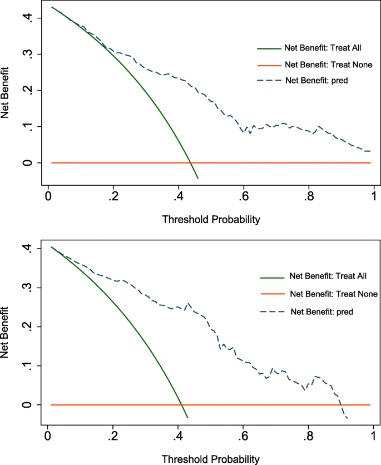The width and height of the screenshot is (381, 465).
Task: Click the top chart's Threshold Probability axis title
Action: (x=211, y=220)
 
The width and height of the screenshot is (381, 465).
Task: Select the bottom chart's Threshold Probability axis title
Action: (x=211, y=459)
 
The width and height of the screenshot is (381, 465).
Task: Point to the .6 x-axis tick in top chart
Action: (x=243, y=196)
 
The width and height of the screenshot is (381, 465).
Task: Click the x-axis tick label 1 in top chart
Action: (x=373, y=196)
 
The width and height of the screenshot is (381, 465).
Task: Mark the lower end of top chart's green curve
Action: (x=198, y=179)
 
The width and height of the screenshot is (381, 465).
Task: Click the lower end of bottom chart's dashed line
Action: (x=347, y=418)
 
